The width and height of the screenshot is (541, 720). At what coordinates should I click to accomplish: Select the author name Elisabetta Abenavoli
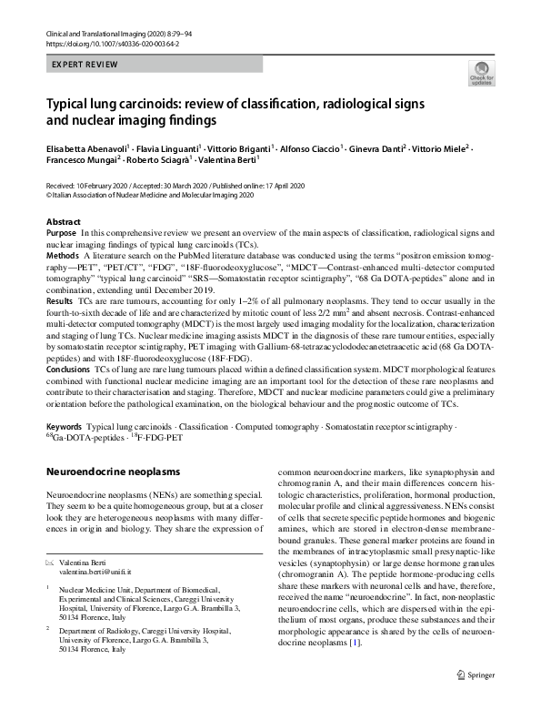[x=87, y=148]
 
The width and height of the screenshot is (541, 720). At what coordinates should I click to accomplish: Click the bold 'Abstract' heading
[x=64, y=222]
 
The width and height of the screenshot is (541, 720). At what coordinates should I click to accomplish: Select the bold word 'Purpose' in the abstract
[x=61, y=234]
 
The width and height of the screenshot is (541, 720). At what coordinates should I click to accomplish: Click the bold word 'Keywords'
[x=64, y=427]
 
